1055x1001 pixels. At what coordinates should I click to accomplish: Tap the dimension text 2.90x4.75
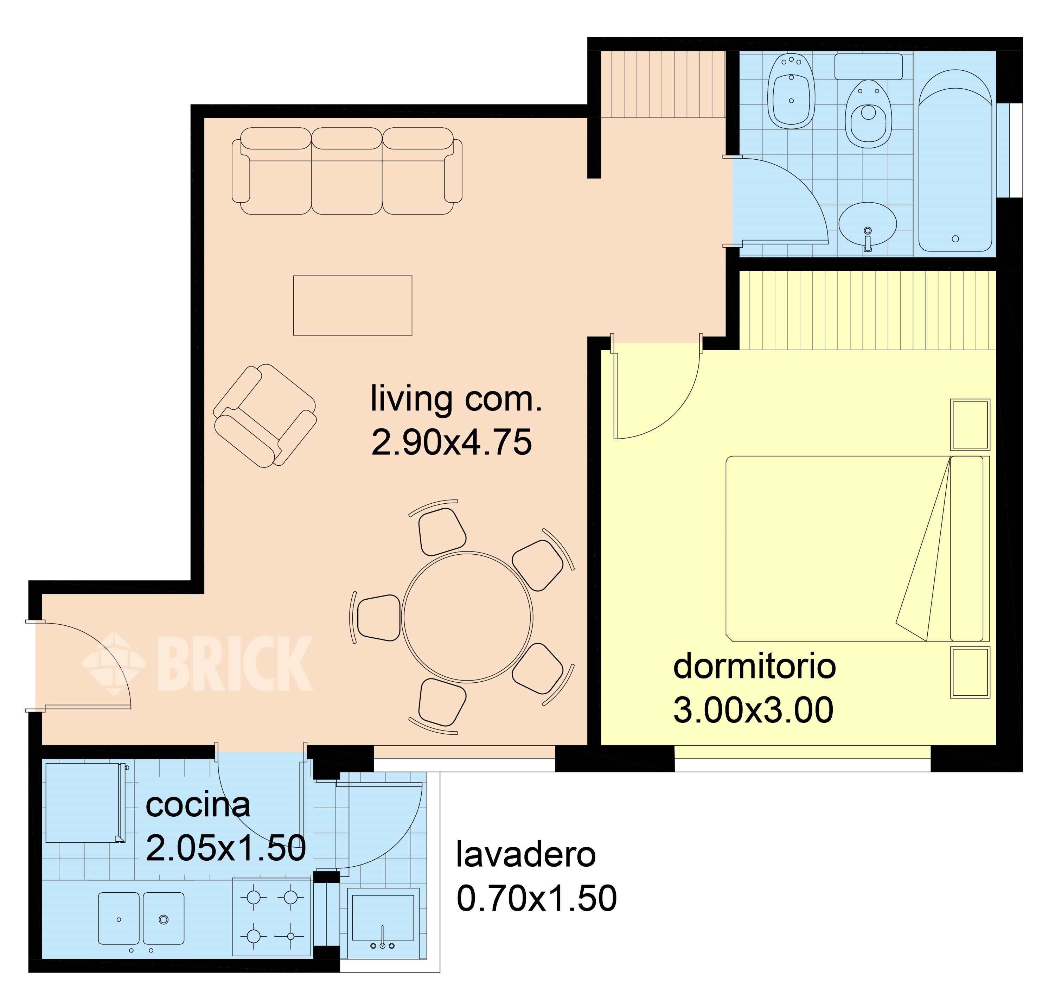coord(451,442)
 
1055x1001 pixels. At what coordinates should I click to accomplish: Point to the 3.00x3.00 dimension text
coord(753,710)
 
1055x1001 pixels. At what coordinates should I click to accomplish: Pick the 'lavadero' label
coord(525,854)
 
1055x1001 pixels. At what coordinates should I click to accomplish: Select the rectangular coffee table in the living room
coord(353,305)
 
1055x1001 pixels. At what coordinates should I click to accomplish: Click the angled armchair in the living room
coord(264,416)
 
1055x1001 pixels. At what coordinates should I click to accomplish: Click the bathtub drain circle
coord(955,238)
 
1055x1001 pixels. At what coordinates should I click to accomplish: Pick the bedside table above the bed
coord(970,425)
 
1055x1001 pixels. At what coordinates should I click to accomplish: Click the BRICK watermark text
coord(235,664)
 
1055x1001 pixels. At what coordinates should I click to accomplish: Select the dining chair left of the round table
coord(378,617)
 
